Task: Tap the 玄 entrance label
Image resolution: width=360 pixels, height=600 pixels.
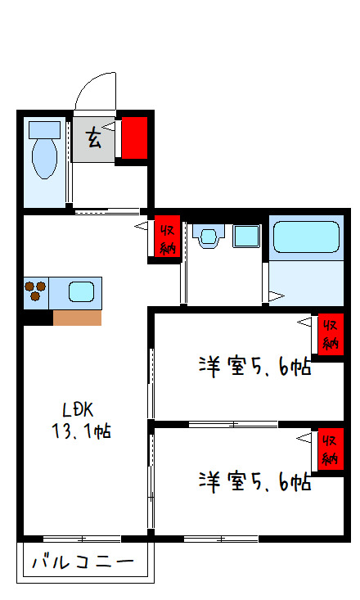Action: coord(94,139)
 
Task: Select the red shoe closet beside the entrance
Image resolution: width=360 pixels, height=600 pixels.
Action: coord(134,138)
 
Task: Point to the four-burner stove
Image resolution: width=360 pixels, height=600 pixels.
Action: coord(36,291)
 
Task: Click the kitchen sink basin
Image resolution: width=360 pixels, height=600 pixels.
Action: coord(81,291)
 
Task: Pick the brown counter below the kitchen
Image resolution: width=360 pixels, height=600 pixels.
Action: coord(78,318)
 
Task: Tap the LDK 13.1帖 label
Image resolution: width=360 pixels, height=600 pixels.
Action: coord(77,420)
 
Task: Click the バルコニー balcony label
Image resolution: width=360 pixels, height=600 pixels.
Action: coord(83,563)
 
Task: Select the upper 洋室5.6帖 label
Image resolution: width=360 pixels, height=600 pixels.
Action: coord(254,368)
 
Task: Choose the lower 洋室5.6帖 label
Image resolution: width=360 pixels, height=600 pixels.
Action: coord(254,481)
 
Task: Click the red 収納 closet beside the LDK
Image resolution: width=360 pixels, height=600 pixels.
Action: coord(168,238)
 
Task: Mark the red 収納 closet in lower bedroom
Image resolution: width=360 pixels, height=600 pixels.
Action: coord(331,448)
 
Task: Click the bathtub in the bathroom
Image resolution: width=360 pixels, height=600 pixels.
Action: coord(305,237)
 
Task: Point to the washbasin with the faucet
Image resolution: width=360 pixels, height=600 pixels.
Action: coord(208,237)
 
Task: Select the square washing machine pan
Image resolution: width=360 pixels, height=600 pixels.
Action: coord(245,237)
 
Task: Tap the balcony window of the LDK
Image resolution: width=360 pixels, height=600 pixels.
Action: coord(82,538)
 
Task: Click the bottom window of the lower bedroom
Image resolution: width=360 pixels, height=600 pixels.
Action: coord(221,538)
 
